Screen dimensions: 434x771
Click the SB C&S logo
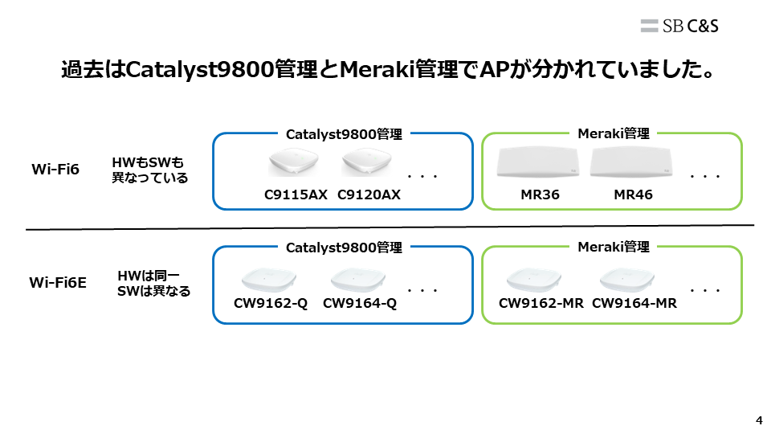coord(679,26)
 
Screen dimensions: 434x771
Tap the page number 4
coord(759,420)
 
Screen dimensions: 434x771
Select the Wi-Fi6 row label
coord(55,170)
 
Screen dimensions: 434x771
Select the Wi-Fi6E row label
coord(58,282)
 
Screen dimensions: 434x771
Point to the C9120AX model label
coord(369,194)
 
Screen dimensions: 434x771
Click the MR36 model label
coord(539,194)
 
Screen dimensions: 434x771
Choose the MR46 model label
coord(633,194)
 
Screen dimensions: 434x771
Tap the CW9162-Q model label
coord(271,303)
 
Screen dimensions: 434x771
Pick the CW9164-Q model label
coord(360,303)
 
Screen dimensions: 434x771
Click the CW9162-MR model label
coord(541,303)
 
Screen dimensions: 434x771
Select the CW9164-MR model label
coord(634,303)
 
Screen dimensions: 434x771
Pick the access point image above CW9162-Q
coord(270,279)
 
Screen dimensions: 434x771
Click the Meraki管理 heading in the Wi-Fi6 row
coord(614,133)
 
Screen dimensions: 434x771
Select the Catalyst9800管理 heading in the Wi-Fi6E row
coord(344,248)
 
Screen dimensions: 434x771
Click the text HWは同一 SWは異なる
coord(154,283)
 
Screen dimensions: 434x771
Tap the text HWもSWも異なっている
coord(149,170)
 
